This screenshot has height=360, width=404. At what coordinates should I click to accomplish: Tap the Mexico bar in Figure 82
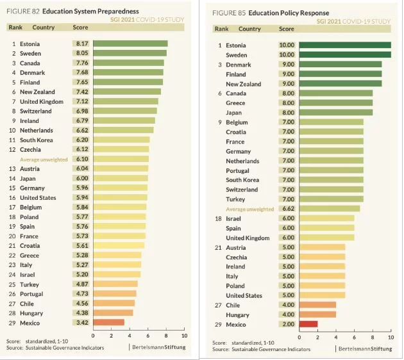tap(108, 322)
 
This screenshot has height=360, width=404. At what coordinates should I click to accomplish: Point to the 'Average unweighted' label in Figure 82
tap(44, 160)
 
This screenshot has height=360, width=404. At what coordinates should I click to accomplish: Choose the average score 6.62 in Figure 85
tap(287, 208)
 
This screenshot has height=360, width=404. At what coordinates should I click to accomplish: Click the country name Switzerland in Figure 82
tap(38, 111)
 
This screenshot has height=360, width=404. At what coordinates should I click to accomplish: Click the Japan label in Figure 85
tap(235, 112)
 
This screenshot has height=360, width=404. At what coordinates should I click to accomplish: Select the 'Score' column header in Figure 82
tap(80, 28)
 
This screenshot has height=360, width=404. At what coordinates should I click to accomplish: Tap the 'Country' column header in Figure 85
tap(249, 29)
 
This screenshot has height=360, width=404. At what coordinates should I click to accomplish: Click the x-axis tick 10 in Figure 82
tap(184, 335)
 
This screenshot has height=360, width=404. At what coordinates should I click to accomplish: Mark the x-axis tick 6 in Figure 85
tap(354, 337)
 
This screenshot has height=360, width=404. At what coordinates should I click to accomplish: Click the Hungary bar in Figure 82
tap(113, 313)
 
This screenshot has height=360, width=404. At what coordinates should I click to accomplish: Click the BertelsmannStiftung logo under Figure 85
tap(365, 348)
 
